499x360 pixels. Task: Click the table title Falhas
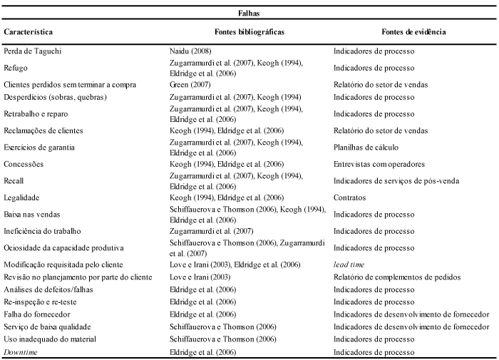coord(249,14)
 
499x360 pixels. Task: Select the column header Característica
coord(28,32)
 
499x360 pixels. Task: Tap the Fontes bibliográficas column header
coord(249,32)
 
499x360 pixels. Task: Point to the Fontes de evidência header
coord(413,32)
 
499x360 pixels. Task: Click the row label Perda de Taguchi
coord(33,51)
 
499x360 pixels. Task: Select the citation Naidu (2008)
coord(190,51)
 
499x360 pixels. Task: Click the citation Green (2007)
coord(190,85)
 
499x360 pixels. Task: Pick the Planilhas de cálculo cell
coord(366,148)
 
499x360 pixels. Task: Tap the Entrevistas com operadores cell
coord(379,164)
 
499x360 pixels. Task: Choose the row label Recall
coord(14,181)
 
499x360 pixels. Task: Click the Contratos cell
coord(350,197)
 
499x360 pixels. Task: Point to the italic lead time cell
coord(349,264)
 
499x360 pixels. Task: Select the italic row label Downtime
coord(21,352)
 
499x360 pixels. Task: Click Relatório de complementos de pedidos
coord(397,277)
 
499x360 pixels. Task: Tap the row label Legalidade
coord(21,197)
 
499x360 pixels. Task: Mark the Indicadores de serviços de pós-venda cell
coord(396,181)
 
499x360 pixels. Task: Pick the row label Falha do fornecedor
coord(37,314)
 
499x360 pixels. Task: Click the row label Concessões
coord(24,164)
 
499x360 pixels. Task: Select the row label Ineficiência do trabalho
coord(42,231)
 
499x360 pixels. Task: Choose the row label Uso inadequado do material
coord(50,339)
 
